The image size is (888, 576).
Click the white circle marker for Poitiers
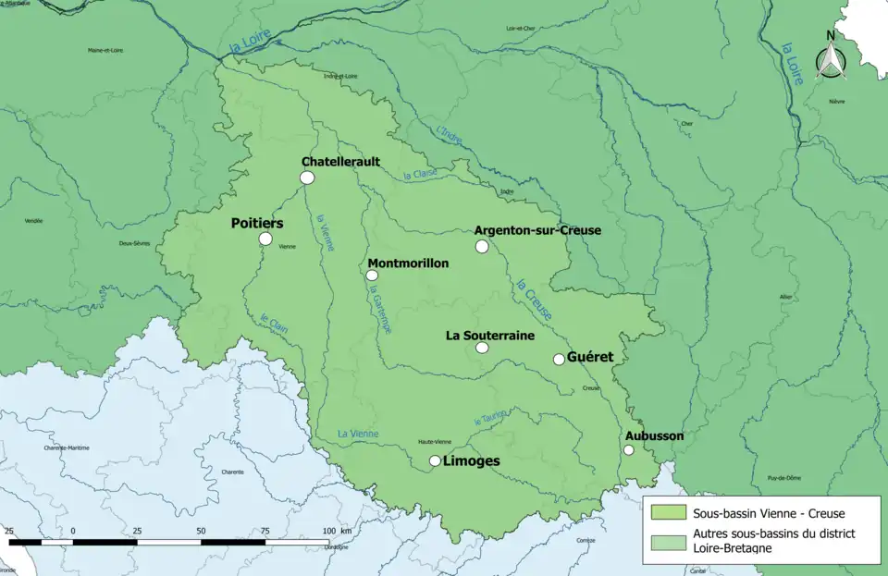tap(265, 239)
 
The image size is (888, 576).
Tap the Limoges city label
tap(471, 460)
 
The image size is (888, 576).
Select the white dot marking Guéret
tap(559, 360)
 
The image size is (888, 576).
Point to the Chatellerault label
tap(340, 162)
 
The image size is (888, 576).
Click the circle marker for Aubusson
tap(628, 450)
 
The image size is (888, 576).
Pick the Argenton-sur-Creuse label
tap(536, 230)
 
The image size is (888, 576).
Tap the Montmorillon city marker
tap(372, 275)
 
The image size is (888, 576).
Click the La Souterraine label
tap(490, 336)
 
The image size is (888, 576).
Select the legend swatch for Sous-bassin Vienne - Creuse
tap(668, 512)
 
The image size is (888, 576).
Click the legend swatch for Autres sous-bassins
tap(668, 541)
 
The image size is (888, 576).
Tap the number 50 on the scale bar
tap(201, 531)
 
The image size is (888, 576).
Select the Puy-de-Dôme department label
tap(774, 478)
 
